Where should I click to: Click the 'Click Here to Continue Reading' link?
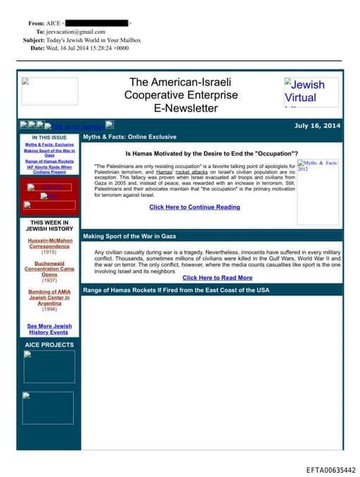click(194, 208)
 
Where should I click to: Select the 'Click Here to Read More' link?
click(217, 278)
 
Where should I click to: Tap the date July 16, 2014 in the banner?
click(317, 125)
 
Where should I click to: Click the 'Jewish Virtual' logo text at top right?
click(304, 91)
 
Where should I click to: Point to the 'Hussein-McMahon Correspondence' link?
click(49, 243)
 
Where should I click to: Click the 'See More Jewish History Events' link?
click(49, 329)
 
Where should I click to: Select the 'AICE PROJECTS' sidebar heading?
click(49, 345)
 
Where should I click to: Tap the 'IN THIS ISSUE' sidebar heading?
click(49, 137)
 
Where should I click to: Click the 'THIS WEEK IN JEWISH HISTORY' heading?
click(49, 225)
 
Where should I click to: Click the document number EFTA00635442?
click(330, 469)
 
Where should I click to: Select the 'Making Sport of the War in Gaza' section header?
click(129, 236)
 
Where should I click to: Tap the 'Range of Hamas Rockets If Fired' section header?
click(176, 290)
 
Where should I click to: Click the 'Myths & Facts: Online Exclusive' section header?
click(129, 136)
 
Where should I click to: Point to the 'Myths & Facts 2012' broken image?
click(317, 166)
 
